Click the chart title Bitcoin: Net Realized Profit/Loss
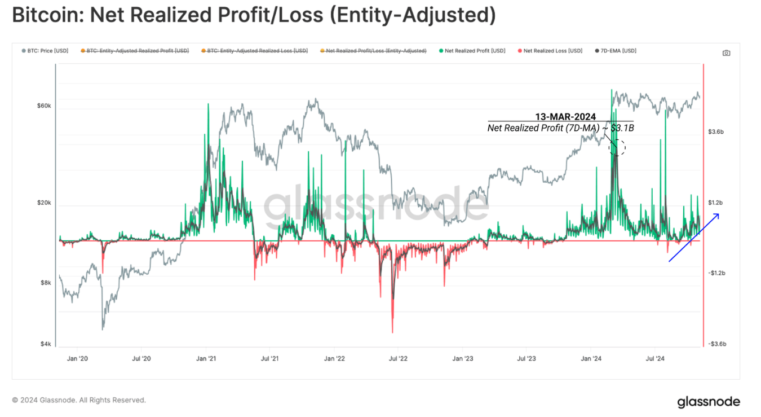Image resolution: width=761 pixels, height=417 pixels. pyautogui.click(x=254, y=15)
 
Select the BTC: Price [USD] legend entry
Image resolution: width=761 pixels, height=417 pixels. pyautogui.click(x=45, y=51)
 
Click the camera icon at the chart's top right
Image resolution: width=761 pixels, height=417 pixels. pyautogui.click(x=726, y=53)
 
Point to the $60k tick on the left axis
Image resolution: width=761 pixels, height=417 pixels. pyautogui.click(x=44, y=106)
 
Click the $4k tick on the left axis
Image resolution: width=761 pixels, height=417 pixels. pyautogui.click(x=46, y=344)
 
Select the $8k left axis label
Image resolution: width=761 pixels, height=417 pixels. pyautogui.click(x=46, y=283)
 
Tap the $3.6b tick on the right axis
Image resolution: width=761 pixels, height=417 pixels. pyautogui.click(x=716, y=131)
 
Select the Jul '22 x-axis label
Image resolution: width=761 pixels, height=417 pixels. pyautogui.click(x=398, y=358)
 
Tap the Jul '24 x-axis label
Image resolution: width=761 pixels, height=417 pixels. pyautogui.click(x=654, y=358)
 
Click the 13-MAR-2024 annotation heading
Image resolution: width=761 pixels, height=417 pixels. pyautogui.click(x=565, y=117)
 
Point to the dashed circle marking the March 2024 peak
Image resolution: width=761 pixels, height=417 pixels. pyautogui.click(x=617, y=147)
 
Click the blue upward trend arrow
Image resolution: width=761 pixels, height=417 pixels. pyautogui.click(x=693, y=238)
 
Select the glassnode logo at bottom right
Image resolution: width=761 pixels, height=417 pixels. pyautogui.click(x=708, y=402)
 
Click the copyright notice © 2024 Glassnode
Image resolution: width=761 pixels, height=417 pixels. pyautogui.click(x=79, y=400)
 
